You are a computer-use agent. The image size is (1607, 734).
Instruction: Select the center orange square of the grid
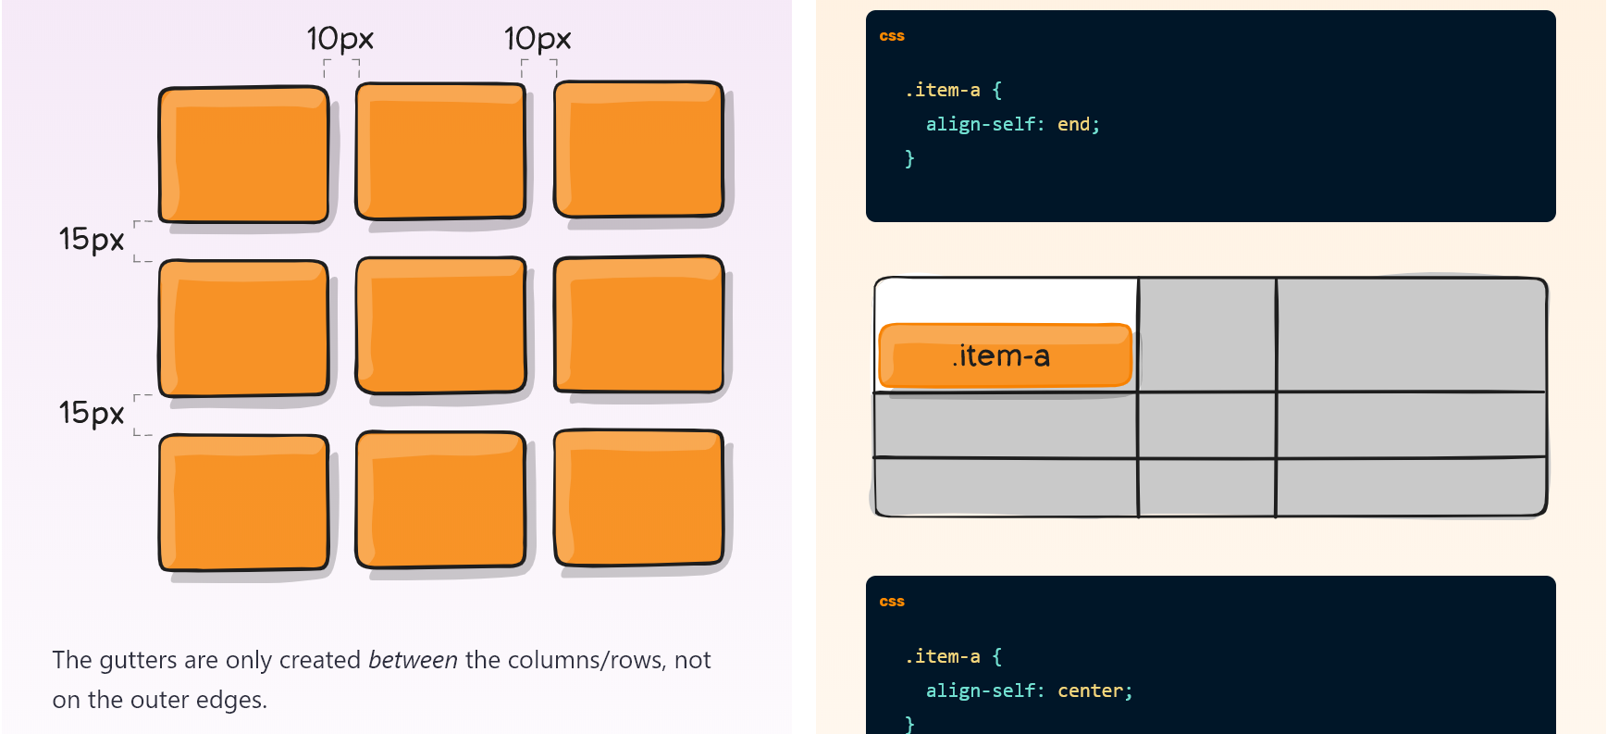(x=440, y=326)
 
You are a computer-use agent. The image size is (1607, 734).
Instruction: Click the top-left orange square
(x=243, y=155)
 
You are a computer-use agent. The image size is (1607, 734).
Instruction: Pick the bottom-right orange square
(x=638, y=498)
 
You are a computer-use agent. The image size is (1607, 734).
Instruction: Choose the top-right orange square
(x=638, y=150)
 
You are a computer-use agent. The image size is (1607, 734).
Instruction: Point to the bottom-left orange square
(x=243, y=503)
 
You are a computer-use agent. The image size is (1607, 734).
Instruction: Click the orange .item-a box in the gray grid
(x=1005, y=355)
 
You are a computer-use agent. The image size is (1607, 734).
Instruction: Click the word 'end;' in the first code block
(x=1078, y=124)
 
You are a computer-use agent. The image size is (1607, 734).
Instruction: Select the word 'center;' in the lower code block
(x=1094, y=690)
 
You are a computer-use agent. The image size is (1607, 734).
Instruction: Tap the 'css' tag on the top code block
(x=892, y=36)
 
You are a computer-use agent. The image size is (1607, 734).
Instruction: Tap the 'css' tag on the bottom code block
(x=892, y=602)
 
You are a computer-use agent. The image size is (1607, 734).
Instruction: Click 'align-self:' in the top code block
(x=984, y=124)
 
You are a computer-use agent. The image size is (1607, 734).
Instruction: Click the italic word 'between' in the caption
(x=413, y=660)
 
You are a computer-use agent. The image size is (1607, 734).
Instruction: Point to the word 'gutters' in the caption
(x=138, y=660)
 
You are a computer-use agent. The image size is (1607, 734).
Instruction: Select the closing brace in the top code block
(x=909, y=158)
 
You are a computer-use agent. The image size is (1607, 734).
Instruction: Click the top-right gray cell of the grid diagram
(x=1410, y=334)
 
